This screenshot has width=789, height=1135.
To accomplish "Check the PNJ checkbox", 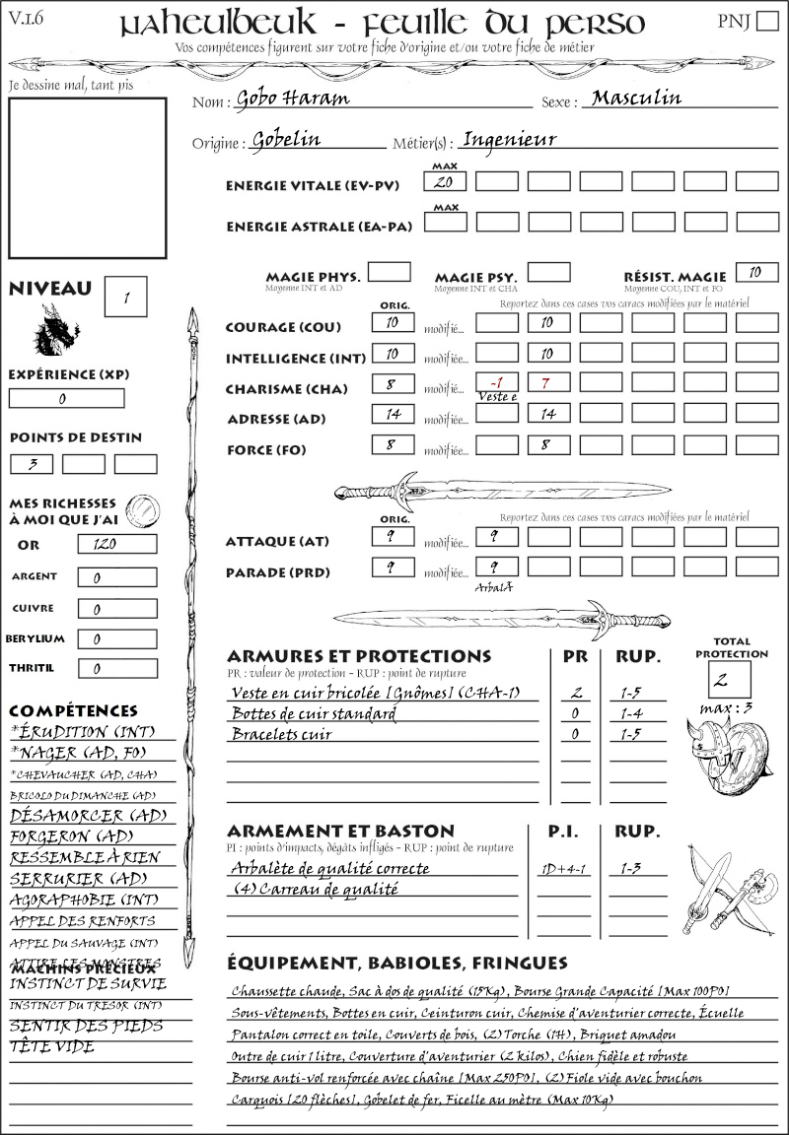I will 766,22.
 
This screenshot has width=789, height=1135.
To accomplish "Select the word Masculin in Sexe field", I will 636,98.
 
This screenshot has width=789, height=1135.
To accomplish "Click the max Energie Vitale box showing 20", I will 444,182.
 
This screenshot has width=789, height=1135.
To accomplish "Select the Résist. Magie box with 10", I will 756,272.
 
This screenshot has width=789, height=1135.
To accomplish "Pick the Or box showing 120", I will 116,544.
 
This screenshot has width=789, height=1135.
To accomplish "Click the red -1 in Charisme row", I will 496,381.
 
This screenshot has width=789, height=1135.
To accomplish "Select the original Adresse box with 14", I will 393,414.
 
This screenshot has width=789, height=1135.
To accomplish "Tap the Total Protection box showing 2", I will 730,679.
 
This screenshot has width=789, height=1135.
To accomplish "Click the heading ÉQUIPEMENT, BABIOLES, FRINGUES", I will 397,963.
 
